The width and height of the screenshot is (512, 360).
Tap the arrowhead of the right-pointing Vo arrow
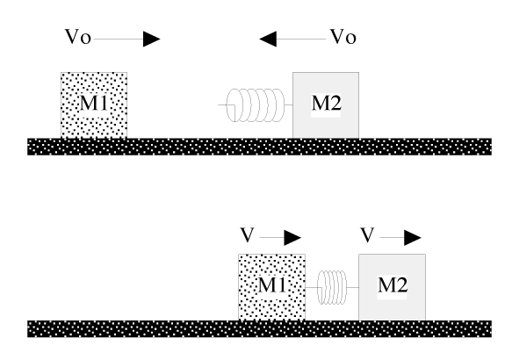pyautogui.click(x=151, y=39)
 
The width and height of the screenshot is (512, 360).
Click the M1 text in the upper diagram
pyautogui.click(x=95, y=102)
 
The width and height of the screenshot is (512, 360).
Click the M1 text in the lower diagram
pyautogui.click(x=272, y=284)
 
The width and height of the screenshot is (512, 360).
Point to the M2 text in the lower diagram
pyautogui.click(x=393, y=286)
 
